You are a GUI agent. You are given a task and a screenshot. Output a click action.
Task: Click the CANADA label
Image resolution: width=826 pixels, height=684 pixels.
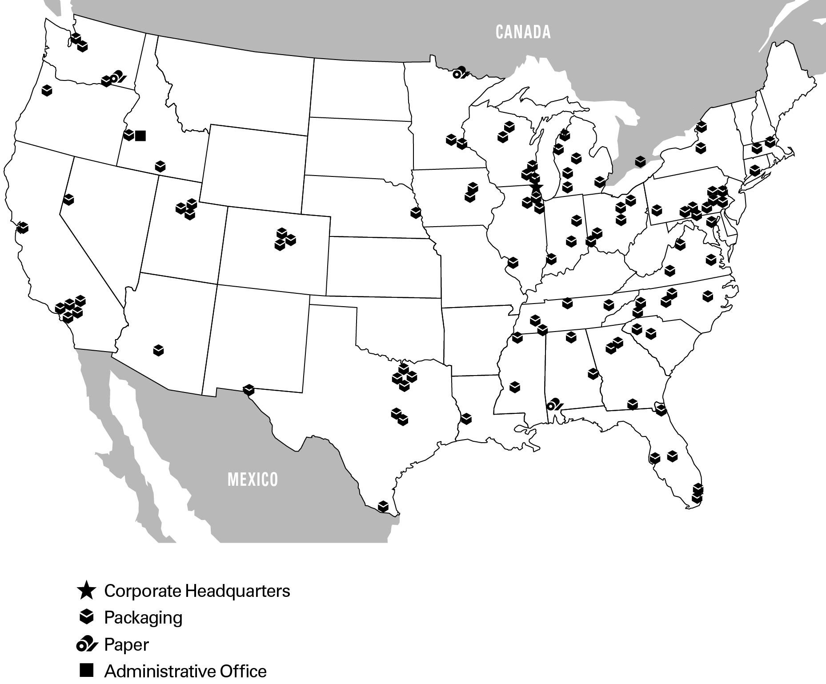pos(523,32)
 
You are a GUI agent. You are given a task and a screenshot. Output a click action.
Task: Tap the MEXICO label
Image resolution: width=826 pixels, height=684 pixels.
pos(253,480)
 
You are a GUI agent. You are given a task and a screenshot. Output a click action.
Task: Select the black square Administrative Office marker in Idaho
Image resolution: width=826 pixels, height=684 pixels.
pos(140,135)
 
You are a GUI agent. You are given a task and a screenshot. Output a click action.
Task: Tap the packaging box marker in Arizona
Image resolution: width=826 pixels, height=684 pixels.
pos(159,350)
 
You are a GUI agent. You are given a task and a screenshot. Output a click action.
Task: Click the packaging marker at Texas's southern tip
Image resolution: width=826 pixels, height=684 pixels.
pos(383,506)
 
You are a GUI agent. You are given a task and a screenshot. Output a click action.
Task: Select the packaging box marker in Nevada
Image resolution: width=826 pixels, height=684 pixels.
pos(68,200)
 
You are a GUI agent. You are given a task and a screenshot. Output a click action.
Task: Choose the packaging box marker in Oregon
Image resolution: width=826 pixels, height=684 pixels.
pos(47,90)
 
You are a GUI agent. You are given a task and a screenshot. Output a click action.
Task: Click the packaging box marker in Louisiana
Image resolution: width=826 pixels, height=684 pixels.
pos(466,418)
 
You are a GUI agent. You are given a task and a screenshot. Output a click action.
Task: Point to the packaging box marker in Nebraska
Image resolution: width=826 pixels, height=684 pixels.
pos(416,212)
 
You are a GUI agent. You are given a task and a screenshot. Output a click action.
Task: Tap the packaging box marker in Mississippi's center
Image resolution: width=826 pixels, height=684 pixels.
pos(515,387)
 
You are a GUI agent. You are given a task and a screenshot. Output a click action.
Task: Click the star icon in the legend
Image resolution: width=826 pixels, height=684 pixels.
pos(86,591)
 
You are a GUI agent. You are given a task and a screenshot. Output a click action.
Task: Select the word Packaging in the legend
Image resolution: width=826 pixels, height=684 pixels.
pos(143,617)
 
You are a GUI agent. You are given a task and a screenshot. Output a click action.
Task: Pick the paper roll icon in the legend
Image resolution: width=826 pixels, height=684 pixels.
pos(86,644)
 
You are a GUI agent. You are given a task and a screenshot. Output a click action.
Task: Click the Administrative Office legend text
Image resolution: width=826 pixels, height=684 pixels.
pos(185,671)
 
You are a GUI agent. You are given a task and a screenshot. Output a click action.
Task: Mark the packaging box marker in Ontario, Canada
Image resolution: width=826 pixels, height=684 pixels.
pos(640,161)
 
